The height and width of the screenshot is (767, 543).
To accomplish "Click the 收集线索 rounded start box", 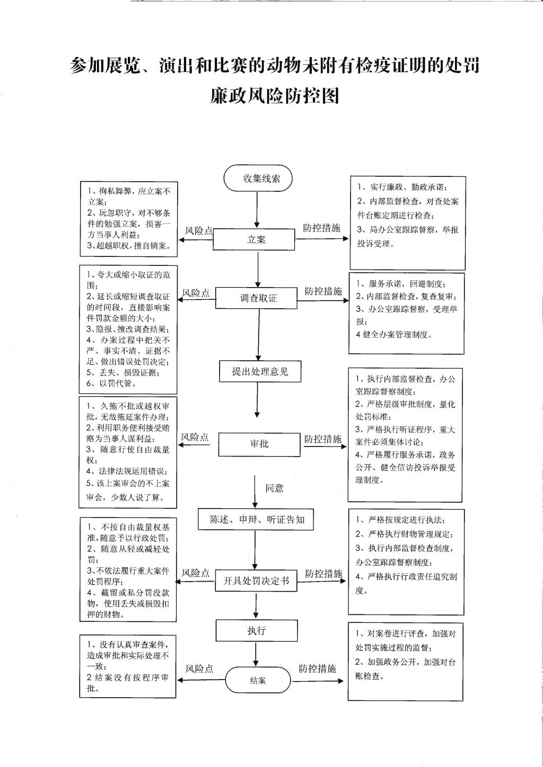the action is tap(258, 178).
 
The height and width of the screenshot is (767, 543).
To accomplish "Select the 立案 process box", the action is tap(253, 239).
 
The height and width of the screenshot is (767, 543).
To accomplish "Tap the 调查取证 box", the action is tap(256, 298).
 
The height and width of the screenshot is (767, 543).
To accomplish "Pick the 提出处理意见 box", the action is tap(260, 371).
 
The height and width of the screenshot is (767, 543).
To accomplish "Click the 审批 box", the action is tap(259, 444).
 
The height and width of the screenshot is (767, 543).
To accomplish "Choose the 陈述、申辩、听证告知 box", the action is tap(256, 519).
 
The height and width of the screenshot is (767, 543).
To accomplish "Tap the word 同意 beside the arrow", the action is tap(275, 488).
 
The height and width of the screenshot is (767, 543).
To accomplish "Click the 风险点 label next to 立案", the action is tap(199, 231).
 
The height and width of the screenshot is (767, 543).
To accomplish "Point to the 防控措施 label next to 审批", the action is tap(323, 439).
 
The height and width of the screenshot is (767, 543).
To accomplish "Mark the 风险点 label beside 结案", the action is tap(199, 668).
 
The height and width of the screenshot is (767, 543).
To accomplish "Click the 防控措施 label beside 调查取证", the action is tap(323, 291).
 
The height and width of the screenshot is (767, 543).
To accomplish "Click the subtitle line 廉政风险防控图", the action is tap(275, 96).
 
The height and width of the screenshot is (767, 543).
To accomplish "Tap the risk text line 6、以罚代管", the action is tap(111, 384).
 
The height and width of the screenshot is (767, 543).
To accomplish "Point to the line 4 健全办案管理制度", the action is tap(394, 335).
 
